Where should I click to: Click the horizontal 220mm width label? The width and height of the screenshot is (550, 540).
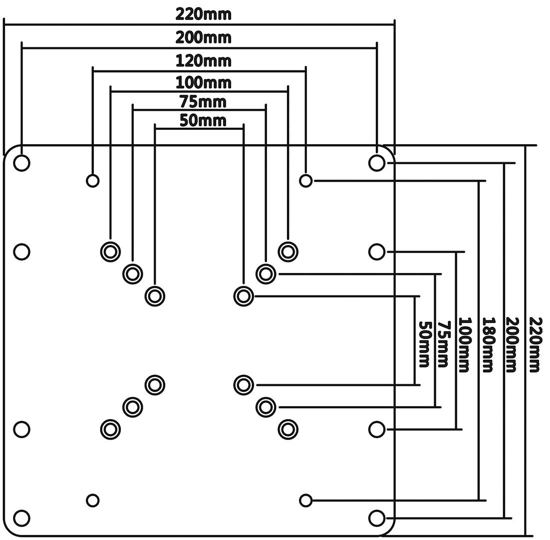[x=203, y=14]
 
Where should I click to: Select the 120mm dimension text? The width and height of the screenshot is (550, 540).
[x=203, y=61]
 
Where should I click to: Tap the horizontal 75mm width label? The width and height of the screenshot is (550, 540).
[x=203, y=102]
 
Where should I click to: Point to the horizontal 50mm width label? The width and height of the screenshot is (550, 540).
[x=203, y=121]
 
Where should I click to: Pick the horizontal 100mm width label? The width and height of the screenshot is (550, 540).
[x=203, y=82]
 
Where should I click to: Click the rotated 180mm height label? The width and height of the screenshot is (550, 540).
[x=488, y=344]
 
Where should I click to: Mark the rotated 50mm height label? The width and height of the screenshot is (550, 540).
[x=424, y=344]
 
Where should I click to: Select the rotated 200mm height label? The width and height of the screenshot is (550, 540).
[x=511, y=344]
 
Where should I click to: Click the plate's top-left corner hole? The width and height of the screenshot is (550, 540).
[x=21, y=163]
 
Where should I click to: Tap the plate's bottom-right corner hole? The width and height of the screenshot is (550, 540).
[x=377, y=518]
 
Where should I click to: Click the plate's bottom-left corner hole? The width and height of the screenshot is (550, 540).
[x=21, y=518]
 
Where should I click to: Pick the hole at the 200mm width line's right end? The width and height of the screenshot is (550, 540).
[x=377, y=163]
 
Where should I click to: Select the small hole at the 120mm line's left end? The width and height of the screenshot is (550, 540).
[x=92, y=180]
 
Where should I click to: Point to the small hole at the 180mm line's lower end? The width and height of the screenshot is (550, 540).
[x=305, y=500]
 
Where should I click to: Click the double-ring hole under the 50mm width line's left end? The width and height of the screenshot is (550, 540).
[x=155, y=296]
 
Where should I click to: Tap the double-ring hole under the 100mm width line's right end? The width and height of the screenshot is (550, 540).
[x=288, y=252]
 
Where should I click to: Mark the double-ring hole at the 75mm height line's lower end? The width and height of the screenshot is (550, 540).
[x=266, y=407]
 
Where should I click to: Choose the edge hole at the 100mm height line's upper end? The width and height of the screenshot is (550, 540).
[x=377, y=252]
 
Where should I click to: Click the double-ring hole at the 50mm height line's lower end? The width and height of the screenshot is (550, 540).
[x=244, y=385]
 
